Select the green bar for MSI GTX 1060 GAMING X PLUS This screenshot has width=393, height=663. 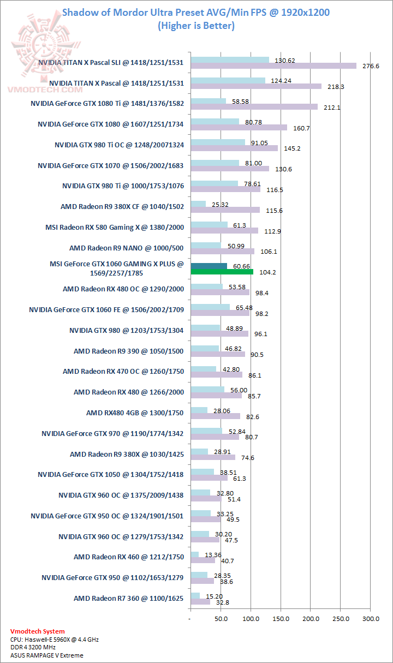pos(222,271)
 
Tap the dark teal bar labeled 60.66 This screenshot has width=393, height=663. pos(209,266)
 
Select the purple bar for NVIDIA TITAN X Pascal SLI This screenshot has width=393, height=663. pos(273,65)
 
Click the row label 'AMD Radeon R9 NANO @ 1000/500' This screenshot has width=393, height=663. pos(126,248)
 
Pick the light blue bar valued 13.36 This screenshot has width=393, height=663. pos(194,555)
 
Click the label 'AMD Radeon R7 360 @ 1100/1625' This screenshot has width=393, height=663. pos(128,598)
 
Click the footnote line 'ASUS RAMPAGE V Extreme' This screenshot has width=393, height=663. pos(46,655)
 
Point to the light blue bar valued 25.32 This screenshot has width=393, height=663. pos(198,204)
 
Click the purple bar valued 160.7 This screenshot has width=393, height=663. pos(239,128)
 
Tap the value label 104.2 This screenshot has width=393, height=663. pos(267,272)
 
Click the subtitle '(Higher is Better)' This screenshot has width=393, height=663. pos(196,26)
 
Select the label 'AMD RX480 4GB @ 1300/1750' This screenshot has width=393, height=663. pos(135,413)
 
